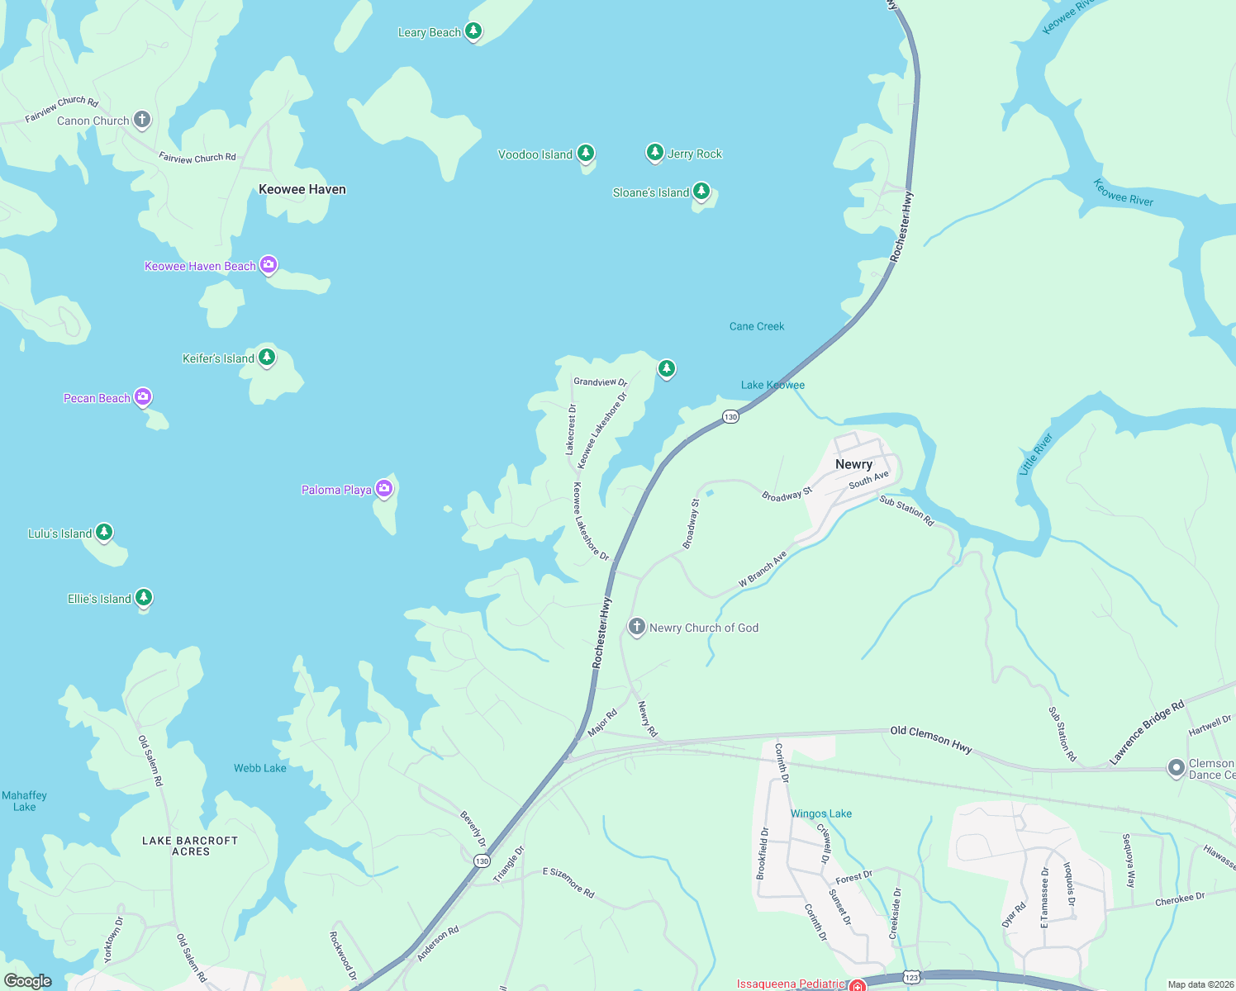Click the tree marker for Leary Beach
pyautogui.click(x=473, y=31)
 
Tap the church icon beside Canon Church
pyautogui.click(x=142, y=120)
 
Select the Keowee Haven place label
pyautogui.click(x=302, y=189)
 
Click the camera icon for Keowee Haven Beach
pyautogui.click(x=269, y=265)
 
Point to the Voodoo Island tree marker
pyautogui.click(x=586, y=153)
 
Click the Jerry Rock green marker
pyautogui.click(x=654, y=152)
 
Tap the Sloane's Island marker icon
pyautogui.click(x=701, y=192)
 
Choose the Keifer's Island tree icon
pyautogui.click(x=266, y=357)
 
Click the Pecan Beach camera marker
pyautogui.click(x=143, y=397)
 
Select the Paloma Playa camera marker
pyautogui.click(x=383, y=489)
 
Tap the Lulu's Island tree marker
pyautogui.click(x=104, y=532)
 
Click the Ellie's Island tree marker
pyautogui.click(x=144, y=597)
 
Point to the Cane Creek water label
pyautogui.click(x=757, y=326)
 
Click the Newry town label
pyautogui.click(x=853, y=464)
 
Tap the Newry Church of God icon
pyautogui.click(x=636, y=627)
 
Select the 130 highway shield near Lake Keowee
pyautogui.click(x=730, y=417)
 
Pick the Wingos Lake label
pyautogui.click(x=821, y=813)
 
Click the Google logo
pyautogui.click(x=27, y=980)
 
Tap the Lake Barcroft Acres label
pyautogui.click(x=190, y=846)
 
